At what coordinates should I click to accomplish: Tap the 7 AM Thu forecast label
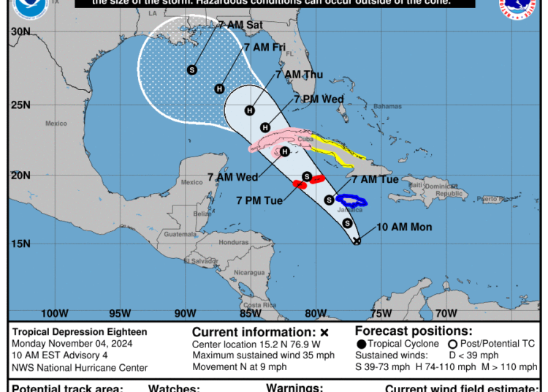point(299,74)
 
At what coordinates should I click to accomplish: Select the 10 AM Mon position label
point(404,227)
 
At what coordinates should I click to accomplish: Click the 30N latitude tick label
point(21,31)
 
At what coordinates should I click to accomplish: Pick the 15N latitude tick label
point(21,244)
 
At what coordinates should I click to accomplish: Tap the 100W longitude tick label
point(54,314)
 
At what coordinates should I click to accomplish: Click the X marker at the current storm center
point(357,240)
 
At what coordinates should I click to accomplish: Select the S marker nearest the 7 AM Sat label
point(192,69)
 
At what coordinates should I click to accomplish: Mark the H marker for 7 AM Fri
point(219,89)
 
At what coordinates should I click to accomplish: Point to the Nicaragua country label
point(249,272)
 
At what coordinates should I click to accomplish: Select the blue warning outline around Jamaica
point(351,200)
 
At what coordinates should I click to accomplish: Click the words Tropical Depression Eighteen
point(80,332)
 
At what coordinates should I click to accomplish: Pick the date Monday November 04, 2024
point(74,344)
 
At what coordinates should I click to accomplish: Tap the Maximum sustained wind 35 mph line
point(263,355)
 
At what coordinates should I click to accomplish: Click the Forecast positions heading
point(414,331)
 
